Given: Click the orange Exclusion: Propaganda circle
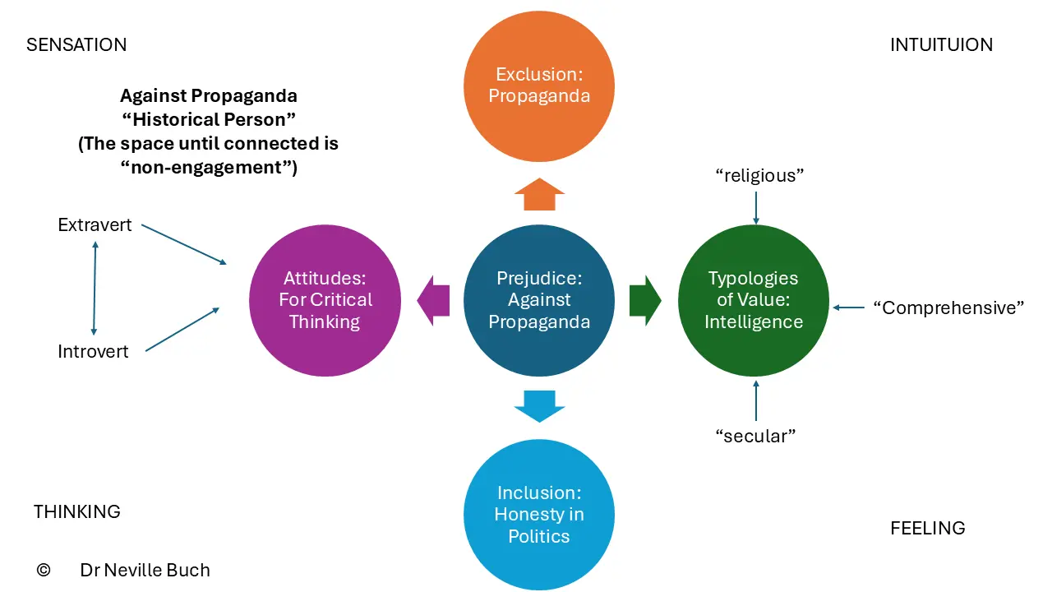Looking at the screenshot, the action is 539,86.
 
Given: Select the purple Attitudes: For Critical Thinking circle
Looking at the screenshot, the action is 325,300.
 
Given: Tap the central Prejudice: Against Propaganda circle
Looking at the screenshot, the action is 539,300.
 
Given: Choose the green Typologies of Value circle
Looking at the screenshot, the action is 754,300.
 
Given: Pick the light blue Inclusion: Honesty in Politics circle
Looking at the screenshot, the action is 539,515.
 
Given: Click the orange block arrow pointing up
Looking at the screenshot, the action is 539,194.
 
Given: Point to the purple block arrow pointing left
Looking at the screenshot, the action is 433,301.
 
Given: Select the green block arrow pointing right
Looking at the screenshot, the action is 646,301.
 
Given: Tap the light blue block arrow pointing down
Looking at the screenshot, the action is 539,406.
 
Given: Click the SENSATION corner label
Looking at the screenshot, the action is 76,45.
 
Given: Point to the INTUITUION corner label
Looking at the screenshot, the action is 942,45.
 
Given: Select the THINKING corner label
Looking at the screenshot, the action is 77,511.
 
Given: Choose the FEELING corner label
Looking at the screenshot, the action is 928,528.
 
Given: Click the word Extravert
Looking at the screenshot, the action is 95,225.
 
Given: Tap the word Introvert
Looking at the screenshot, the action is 93,351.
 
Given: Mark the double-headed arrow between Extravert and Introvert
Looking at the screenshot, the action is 95,288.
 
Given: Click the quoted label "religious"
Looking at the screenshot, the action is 759,176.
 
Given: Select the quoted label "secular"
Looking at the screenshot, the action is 755,436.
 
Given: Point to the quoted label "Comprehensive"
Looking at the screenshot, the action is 948,308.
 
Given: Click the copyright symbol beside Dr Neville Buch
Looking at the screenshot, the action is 44,570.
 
